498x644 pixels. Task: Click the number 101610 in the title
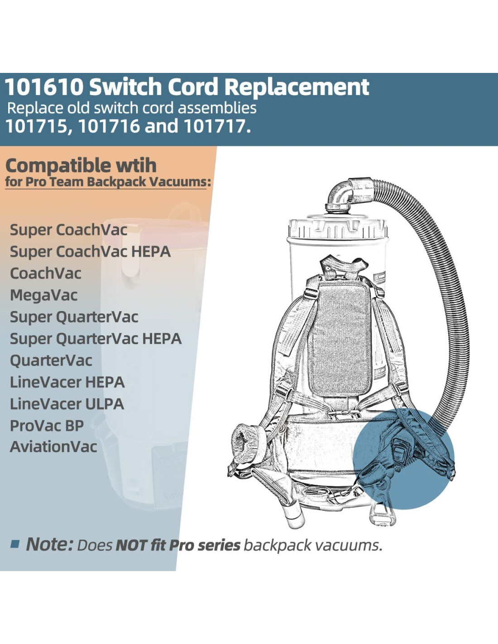[x=44, y=87]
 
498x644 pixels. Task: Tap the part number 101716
[x=107, y=126]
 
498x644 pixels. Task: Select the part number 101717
[x=216, y=126]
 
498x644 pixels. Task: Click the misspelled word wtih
[x=136, y=166]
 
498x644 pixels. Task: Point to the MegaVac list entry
[x=44, y=295]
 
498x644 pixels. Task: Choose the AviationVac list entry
[x=53, y=447]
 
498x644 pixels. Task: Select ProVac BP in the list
[x=47, y=426]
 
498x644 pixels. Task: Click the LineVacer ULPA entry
[x=67, y=404]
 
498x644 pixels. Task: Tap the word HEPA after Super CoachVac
[x=151, y=252]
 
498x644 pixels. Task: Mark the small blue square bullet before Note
[x=15, y=544]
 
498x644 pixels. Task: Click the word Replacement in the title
[x=297, y=87]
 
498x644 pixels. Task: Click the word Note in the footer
[x=49, y=544]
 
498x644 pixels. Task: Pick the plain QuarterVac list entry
[x=51, y=360]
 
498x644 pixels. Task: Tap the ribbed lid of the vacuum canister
[x=338, y=229]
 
